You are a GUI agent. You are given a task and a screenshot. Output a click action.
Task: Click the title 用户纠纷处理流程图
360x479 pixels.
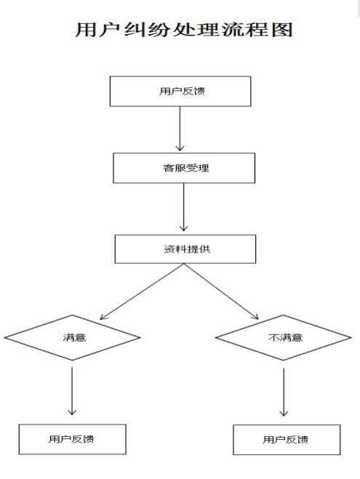(184, 30)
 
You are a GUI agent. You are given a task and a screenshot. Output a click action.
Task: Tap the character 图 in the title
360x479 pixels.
(282, 30)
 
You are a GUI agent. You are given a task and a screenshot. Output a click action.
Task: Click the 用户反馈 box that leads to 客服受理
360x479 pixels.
(180, 92)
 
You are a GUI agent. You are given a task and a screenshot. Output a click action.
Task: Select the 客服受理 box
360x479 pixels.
(184, 168)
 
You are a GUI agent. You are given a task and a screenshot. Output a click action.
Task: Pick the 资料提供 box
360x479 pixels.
(185, 249)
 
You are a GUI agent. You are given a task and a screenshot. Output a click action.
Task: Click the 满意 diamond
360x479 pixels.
(72, 337)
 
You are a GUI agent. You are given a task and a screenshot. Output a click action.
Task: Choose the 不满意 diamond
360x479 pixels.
(284, 337)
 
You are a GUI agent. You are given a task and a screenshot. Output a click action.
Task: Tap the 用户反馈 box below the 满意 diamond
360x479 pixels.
(73, 439)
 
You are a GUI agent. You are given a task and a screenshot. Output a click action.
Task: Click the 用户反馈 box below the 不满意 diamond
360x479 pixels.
(287, 440)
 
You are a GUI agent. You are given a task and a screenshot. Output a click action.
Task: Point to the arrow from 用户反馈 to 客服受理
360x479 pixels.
(180, 129)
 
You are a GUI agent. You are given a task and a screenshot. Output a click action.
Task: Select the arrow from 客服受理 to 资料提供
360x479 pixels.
(184, 207)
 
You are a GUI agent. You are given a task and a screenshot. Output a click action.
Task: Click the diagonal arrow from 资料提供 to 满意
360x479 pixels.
(142, 291)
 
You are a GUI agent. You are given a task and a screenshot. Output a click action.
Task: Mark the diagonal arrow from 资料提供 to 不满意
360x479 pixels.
(221, 291)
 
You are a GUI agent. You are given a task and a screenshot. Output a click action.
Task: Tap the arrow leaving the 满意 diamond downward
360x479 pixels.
(72, 391)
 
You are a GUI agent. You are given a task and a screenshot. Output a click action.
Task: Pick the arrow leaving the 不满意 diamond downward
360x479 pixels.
(284, 393)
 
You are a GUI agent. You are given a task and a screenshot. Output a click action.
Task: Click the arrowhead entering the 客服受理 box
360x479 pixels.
(180, 148)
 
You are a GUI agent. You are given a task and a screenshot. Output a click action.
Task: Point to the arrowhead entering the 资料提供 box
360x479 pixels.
(184, 228)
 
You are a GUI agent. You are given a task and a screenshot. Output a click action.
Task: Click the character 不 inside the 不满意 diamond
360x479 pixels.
(272, 337)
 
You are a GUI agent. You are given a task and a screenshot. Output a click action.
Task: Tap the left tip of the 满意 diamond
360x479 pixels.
(4, 337)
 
